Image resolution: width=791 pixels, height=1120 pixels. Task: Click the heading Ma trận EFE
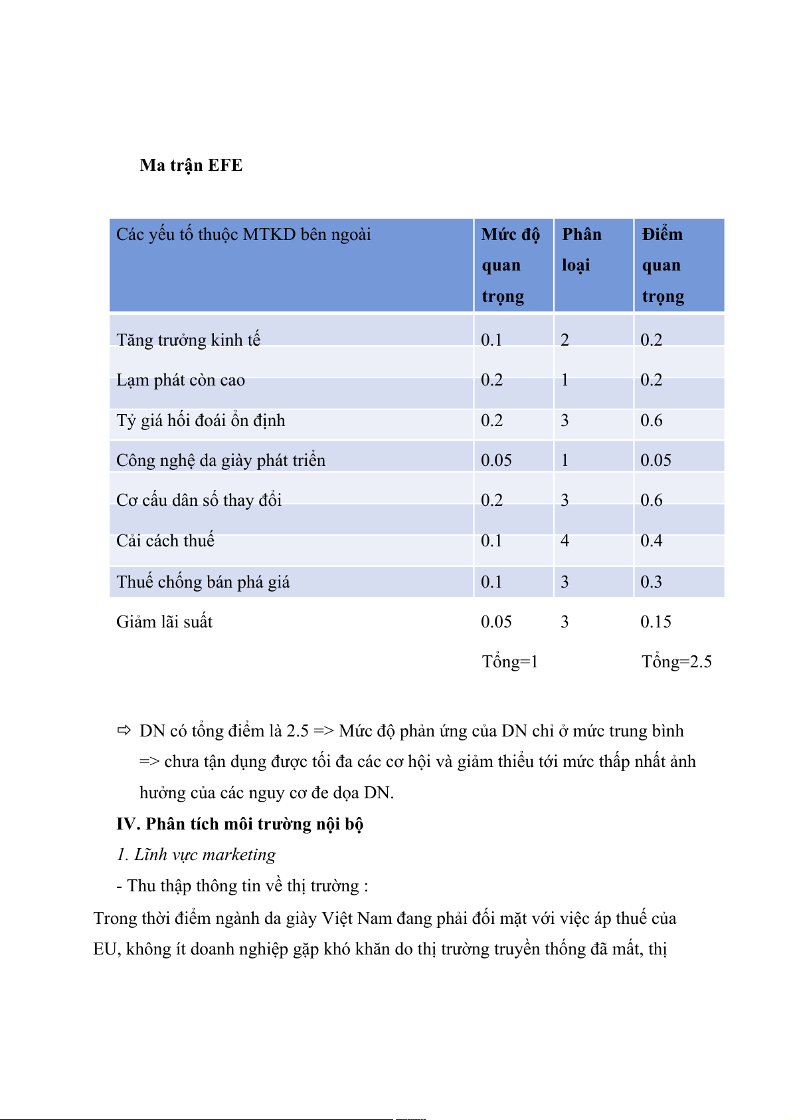[191, 165]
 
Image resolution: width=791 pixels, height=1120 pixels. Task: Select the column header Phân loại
[581, 249]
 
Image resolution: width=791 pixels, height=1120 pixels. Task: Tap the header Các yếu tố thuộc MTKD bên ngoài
[243, 235]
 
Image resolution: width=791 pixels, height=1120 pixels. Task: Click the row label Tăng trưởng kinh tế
[188, 340]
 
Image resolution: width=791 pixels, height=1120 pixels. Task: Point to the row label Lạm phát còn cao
[181, 380]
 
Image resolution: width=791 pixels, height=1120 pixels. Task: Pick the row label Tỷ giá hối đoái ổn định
[201, 421]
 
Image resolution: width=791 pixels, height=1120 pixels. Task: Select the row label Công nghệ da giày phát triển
[220, 460]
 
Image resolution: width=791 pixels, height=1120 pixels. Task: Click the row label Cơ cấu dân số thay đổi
[199, 500]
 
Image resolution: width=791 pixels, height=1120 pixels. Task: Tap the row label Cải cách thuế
[165, 540]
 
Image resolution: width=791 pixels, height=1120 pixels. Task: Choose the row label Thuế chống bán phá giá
[203, 582]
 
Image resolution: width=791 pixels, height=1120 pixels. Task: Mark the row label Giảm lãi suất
[164, 621]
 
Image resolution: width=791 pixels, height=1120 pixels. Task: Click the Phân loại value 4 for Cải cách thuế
[565, 540]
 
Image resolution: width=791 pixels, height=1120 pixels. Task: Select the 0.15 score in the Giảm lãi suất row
[656, 621]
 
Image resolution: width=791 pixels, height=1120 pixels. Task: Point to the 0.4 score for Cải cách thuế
[651, 540]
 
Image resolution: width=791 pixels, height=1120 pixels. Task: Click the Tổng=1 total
[509, 661]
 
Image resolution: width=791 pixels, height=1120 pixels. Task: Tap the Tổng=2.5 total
[676, 661]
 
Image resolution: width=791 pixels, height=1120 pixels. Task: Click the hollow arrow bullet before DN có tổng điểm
[124, 730]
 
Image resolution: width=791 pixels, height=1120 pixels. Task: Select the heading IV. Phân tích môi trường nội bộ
[240, 824]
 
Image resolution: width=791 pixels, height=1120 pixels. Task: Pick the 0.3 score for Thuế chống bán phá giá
[651, 582]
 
